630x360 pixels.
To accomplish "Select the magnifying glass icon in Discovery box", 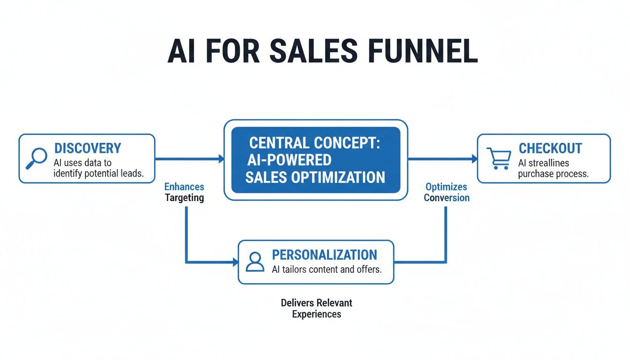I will pyautogui.click(x=37, y=157).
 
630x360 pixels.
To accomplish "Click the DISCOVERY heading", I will pyautogui.click(x=88, y=149).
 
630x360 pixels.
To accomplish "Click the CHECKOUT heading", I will pyautogui.click(x=550, y=149).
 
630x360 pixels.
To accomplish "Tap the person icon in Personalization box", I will pyautogui.click(x=255, y=262).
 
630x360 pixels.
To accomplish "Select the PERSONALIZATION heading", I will pyautogui.click(x=324, y=255).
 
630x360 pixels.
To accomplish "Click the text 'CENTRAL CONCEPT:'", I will pyautogui.click(x=315, y=143).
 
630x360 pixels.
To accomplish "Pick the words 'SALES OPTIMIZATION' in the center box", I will pyautogui.click(x=315, y=177).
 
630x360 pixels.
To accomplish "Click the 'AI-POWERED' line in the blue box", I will pyautogui.click(x=289, y=160).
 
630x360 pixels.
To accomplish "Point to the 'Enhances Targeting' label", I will pyautogui.click(x=184, y=192).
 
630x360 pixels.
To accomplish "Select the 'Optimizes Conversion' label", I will pyautogui.click(x=446, y=192).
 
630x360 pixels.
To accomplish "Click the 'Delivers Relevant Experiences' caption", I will pyautogui.click(x=316, y=308).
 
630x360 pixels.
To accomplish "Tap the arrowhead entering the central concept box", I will pyautogui.click(x=221, y=159).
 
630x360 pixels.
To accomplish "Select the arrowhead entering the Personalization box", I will pyautogui.click(x=235, y=262).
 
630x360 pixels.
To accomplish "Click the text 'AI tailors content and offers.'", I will pyautogui.click(x=327, y=270).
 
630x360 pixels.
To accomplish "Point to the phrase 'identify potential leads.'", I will pyautogui.click(x=98, y=174).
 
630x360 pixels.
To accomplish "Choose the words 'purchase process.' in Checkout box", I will pyautogui.click(x=553, y=174).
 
